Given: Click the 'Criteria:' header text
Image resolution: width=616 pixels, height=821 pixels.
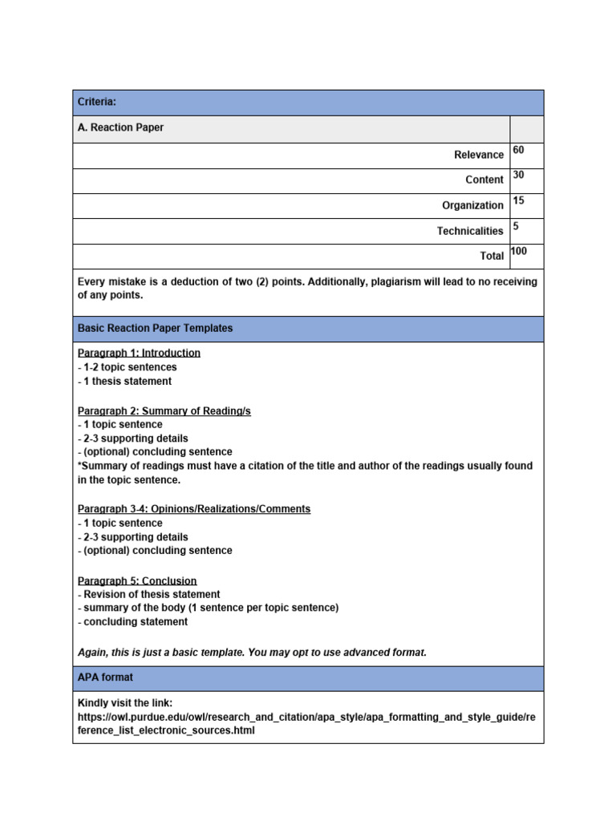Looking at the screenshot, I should click(x=96, y=102).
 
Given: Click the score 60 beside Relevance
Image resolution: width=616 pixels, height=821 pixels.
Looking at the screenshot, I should click(x=518, y=151).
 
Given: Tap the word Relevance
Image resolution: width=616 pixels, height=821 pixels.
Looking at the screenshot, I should click(x=479, y=155).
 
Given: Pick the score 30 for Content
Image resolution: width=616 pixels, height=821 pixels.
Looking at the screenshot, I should click(x=518, y=176).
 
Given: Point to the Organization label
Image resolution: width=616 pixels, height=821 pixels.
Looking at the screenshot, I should click(x=472, y=205).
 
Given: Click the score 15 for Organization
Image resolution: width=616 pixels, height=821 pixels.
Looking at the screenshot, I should click(x=518, y=201).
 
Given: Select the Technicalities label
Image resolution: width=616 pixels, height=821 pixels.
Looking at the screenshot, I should click(x=470, y=231).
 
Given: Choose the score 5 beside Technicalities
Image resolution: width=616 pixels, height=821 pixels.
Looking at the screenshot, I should click(x=516, y=227).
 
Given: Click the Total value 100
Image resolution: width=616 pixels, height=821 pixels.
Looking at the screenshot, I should click(x=519, y=252).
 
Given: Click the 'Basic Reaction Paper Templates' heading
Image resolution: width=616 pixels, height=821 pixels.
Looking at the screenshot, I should click(x=156, y=329).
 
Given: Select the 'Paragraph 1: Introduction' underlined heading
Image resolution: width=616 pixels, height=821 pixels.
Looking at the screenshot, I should click(x=139, y=353).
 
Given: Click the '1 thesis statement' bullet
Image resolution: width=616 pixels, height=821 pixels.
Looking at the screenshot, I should click(x=127, y=382).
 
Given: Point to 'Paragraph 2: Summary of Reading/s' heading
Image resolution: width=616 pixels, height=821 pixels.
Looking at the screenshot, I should click(x=164, y=410).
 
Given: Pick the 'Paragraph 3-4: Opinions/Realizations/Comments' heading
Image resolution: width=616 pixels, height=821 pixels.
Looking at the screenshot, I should click(x=193, y=509).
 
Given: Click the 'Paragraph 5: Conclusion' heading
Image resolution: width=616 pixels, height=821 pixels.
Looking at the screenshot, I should click(x=137, y=580).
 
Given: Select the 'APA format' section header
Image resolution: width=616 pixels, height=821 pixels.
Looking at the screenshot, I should click(x=105, y=677).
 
